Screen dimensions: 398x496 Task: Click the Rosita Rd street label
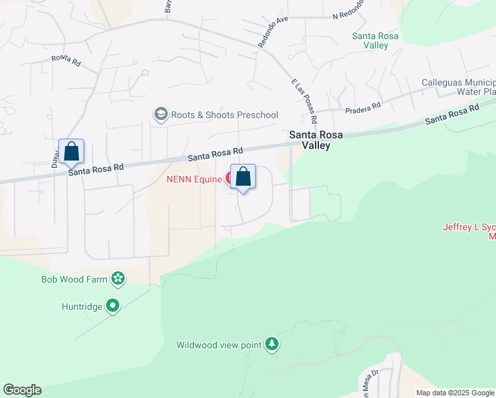66,59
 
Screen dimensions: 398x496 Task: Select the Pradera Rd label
362,106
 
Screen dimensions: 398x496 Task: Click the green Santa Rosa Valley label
375,40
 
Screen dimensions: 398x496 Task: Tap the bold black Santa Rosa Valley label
316,140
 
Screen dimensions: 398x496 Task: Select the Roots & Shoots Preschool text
224,115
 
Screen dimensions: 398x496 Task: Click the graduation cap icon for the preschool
160,115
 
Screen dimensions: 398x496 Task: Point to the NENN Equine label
194,178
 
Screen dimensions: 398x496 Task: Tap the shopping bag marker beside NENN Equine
243,176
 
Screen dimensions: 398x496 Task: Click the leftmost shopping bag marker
71,151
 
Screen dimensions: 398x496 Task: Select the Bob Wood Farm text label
74,279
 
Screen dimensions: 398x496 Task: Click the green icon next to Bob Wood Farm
118,279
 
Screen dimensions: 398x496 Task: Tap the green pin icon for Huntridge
113,306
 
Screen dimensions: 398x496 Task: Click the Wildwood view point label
218,345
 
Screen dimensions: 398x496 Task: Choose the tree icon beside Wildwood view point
271,344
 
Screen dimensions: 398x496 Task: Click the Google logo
22,390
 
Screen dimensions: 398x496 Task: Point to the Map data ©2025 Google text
454,393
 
